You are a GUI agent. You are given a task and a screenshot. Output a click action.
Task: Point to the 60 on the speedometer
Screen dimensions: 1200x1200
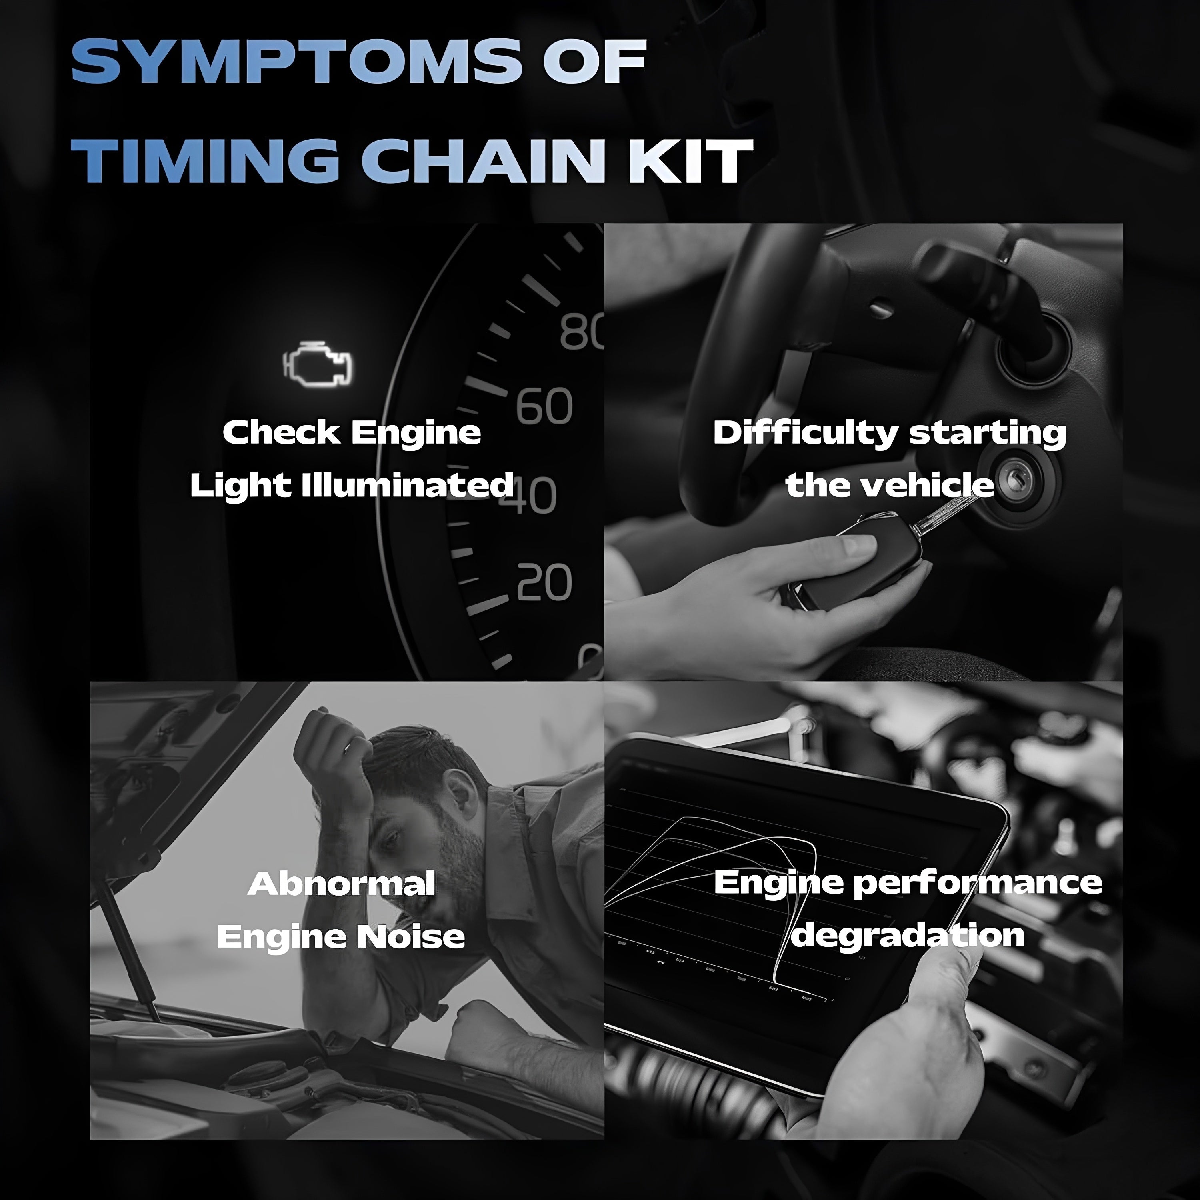[544, 406]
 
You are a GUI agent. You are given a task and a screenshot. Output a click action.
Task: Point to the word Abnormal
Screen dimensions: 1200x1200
[341, 884]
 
